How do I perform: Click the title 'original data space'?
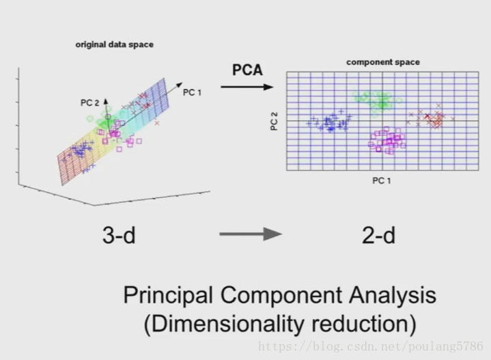(114, 44)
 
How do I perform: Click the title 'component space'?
(382, 62)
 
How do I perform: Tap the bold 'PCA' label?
(247, 70)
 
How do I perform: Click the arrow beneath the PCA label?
(247, 87)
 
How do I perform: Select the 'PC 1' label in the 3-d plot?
(193, 92)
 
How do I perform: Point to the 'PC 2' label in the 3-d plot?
(90, 102)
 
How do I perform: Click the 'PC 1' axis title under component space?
(382, 180)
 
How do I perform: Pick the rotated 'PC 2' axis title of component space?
(274, 122)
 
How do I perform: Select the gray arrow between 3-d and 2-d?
(250, 235)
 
